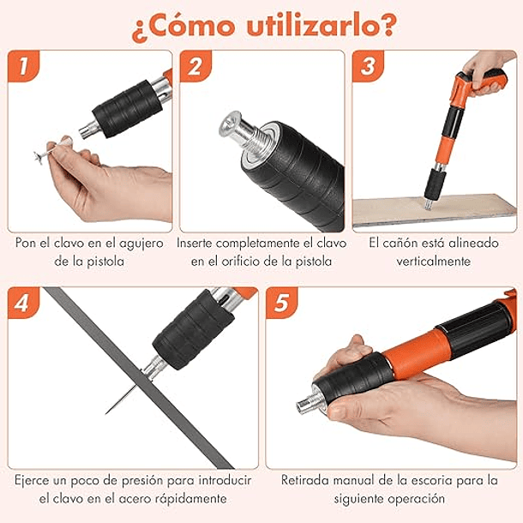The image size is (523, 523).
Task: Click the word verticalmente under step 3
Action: point(433,261)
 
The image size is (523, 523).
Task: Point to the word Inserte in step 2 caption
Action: point(201,243)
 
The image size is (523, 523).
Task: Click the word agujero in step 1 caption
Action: point(139,243)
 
